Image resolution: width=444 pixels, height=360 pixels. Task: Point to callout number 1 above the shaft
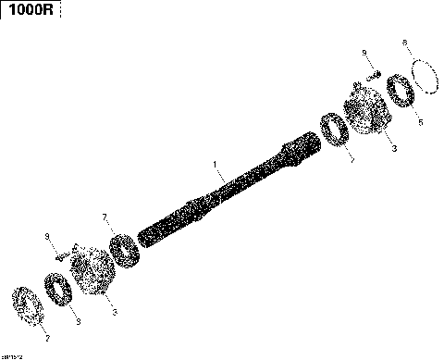[x=215, y=168]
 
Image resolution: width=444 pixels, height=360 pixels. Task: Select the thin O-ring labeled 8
[x=424, y=75]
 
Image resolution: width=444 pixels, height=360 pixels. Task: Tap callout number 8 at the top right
[x=404, y=43]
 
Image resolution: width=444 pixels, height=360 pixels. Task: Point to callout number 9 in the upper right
[x=364, y=52]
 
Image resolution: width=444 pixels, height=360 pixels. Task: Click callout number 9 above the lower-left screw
[x=47, y=238]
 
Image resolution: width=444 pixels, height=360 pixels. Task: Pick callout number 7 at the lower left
[x=105, y=217]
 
